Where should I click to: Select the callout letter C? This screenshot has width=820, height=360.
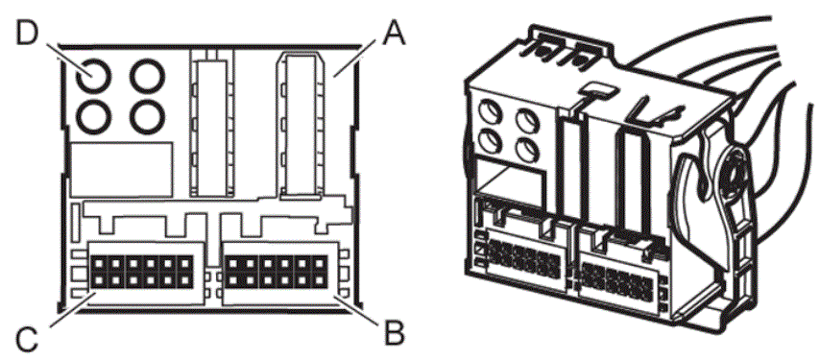coord(26,339)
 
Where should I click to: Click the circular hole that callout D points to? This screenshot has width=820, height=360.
coord(93,76)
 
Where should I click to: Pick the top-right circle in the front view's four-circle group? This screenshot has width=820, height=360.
coord(148,76)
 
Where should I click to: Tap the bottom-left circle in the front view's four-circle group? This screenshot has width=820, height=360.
coord(93,116)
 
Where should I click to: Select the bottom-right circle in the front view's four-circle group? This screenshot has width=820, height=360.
coord(148,116)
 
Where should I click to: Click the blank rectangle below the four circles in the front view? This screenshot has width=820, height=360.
coord(121,169)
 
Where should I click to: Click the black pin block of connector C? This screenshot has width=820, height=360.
coord(141,272)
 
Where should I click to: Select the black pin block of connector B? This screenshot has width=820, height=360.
coord(277,272)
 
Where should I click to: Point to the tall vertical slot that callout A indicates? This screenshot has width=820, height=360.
coord(301,126)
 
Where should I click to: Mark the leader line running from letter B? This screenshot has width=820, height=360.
coord(359,309)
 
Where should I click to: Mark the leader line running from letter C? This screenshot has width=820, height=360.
coord(73,310)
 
